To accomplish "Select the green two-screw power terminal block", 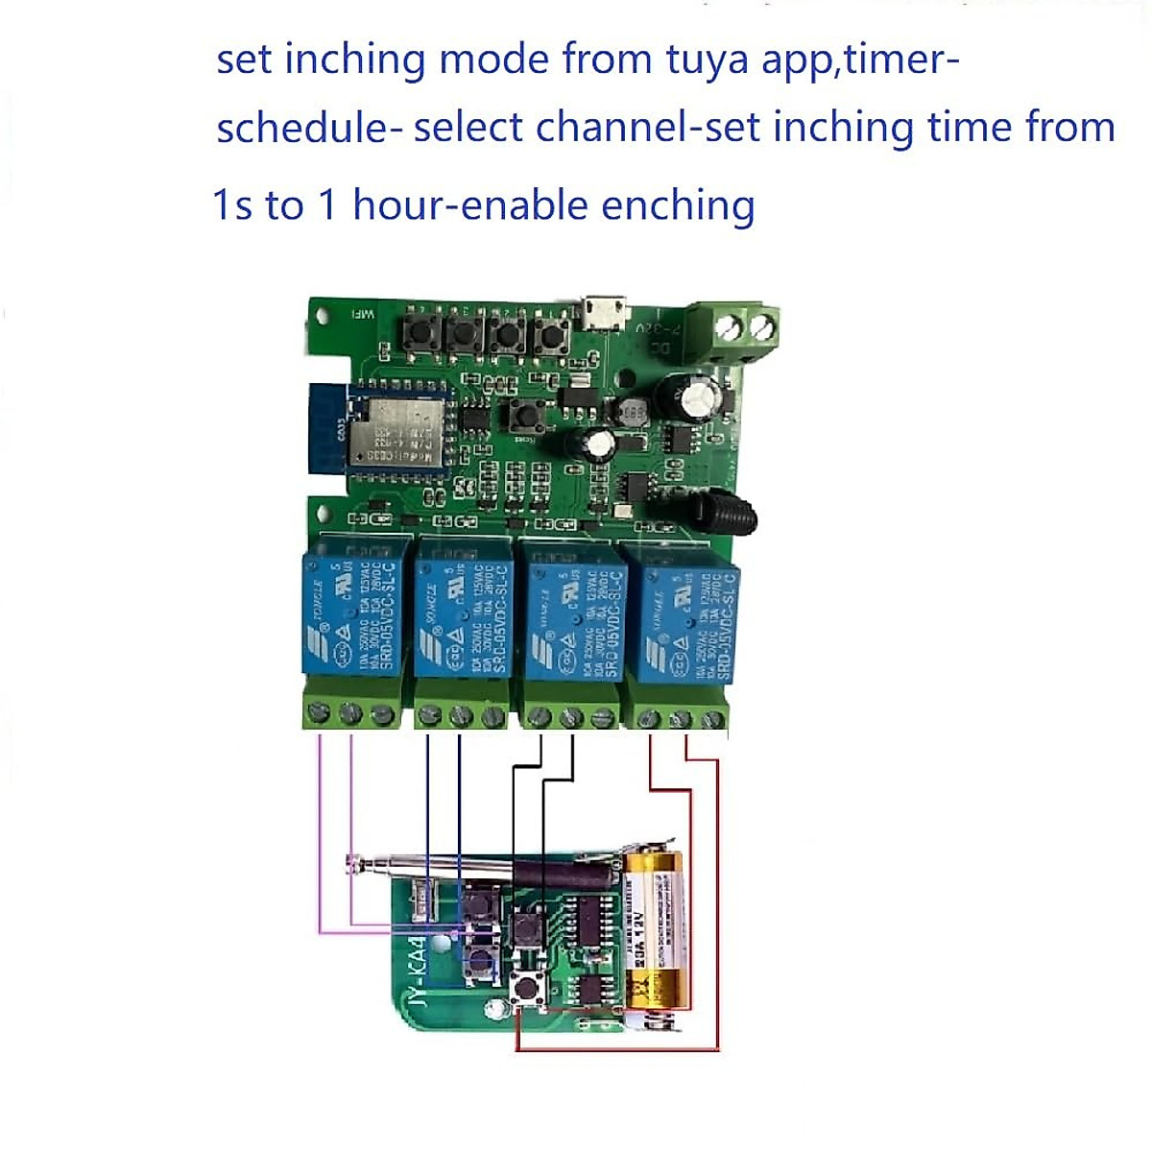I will pyautogui.click(x=747, y=331).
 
